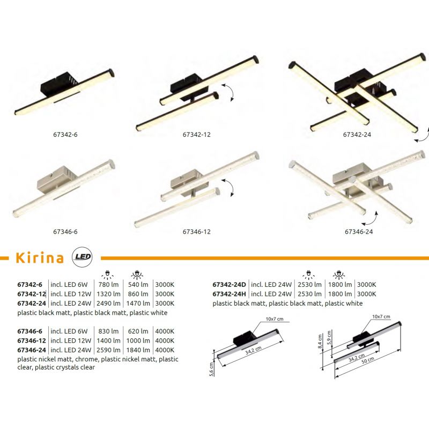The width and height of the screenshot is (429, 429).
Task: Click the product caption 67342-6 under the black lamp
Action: (x=65, y=135)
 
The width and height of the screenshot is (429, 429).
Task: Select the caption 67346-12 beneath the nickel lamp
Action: (x=197, y=232)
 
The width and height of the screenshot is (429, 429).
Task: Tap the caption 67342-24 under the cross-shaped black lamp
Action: (x=357, y=135)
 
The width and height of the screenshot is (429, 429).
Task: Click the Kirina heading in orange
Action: (x=40, y=258)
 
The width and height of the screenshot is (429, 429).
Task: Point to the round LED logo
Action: (x=82, y=257)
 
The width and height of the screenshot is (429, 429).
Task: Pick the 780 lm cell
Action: (x=109, y=285)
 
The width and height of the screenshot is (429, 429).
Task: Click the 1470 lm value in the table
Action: (x=138, y=303)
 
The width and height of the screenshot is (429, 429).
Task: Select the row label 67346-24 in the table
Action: (x=32, y=350)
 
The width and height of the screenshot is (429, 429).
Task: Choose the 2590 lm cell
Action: (x=109, y=350)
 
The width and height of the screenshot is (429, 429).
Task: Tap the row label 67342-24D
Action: (x=230, y=285)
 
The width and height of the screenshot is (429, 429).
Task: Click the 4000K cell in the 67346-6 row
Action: (x=165, y=331)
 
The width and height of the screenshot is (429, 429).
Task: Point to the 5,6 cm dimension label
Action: (x=211, y=369)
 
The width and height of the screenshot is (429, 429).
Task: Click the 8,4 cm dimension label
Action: (x=320, y=342)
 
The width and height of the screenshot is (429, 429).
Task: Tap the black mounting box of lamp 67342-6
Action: (x=60, y=83)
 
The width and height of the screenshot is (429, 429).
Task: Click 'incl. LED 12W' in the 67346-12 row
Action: (x=71, y=341)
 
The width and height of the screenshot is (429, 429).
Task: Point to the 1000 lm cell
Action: (x=138, y=341)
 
